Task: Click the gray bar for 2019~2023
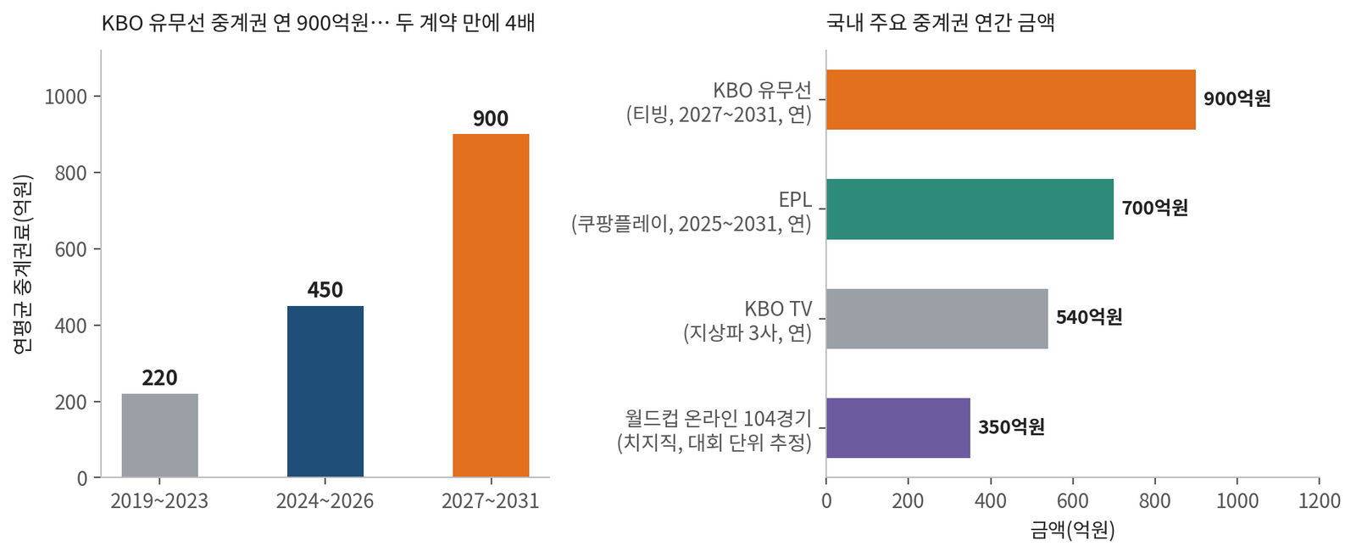tap(160, 435)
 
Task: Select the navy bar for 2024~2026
tap(325, 391)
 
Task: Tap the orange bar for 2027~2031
tap(491, 305)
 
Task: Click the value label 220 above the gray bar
tap(160, 378)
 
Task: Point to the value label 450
tap(325, 290)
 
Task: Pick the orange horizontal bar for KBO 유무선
tap(1011, 99)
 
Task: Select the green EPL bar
tap(970, 209)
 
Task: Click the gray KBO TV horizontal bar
tap(937, 319)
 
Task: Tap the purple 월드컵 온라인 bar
tap(898, 428)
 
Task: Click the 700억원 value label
tap(1155, 208)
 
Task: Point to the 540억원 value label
tap(1089, 316)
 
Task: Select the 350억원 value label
tap(1012, 426)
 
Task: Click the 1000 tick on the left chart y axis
tap(66, 97)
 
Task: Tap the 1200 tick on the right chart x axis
tap(1320, 501)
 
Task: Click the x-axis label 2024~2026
tap(325, 501)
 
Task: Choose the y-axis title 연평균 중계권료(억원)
tap(23, 264)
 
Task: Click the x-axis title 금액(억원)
tap(1073, 530)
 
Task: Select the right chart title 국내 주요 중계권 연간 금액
tap(941, 23)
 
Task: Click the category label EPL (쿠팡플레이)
tap(692, 211)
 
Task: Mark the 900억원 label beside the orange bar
tap(1237, 98)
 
